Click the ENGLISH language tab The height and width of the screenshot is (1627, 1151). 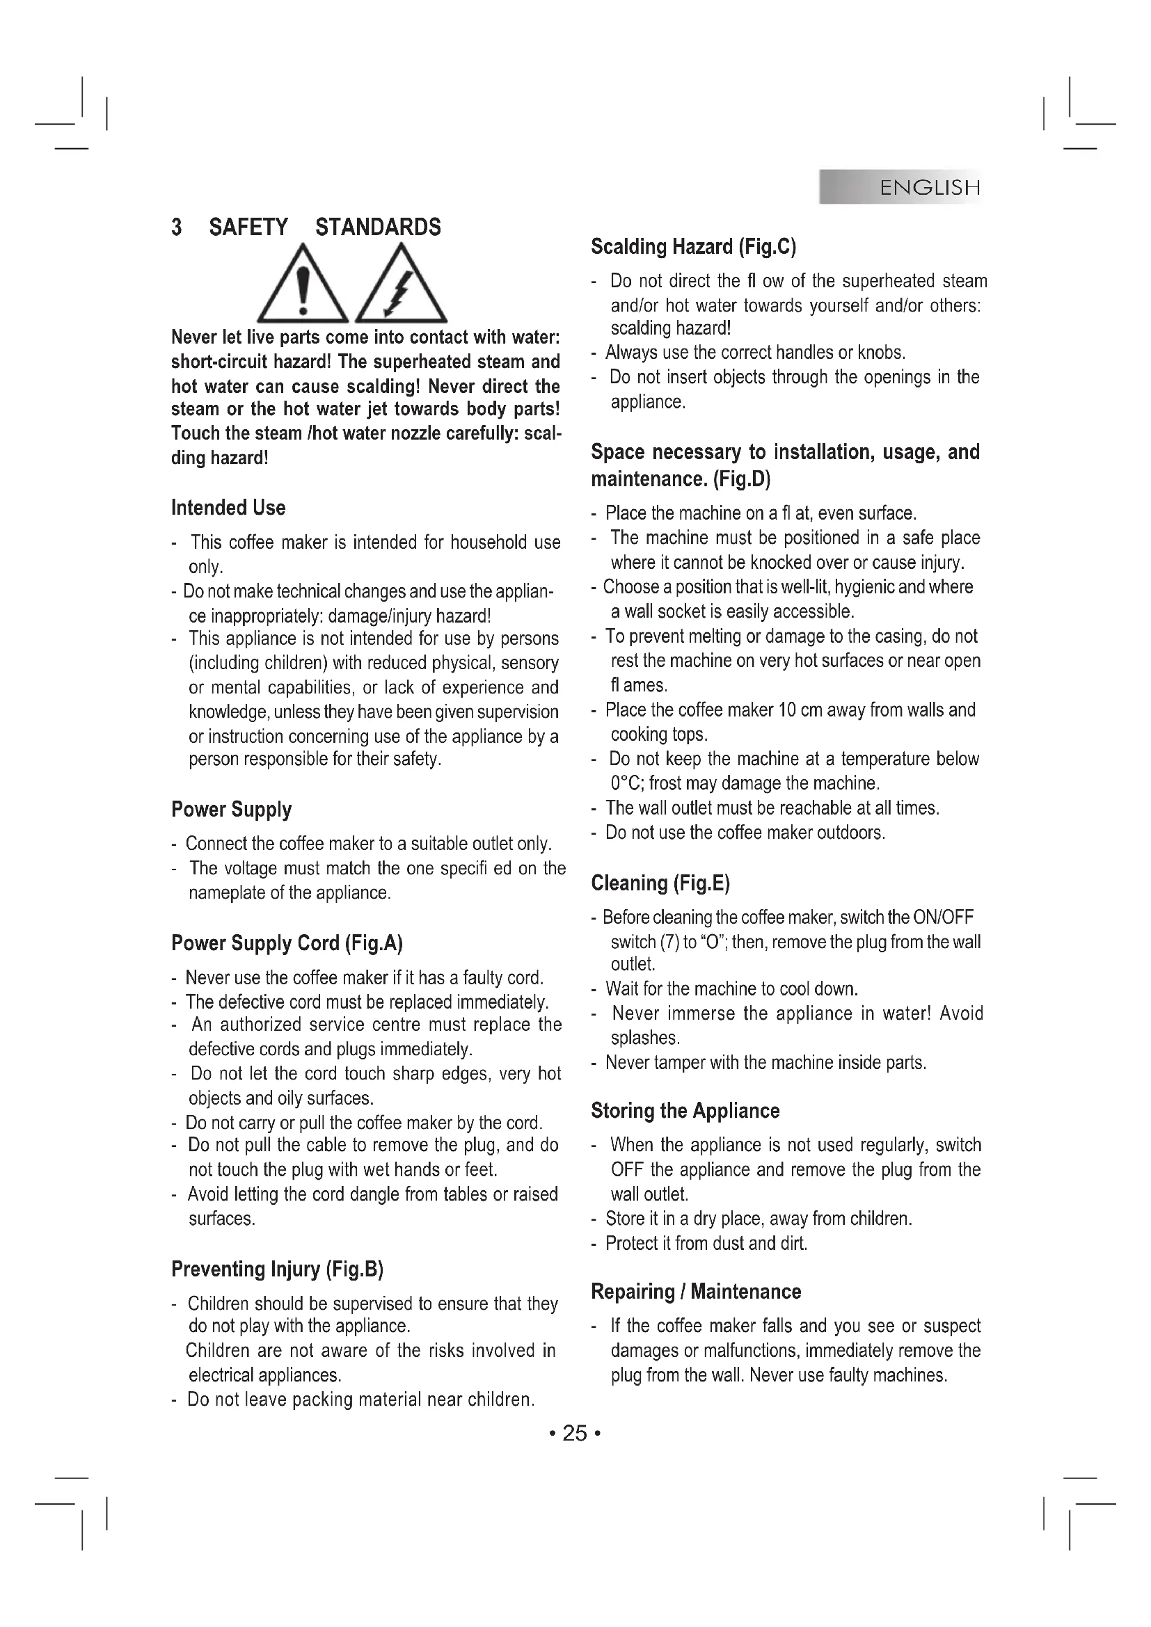click(929, 188)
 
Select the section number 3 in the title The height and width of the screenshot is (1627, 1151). click(177, 227)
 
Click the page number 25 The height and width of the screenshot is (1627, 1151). click(575, 1434)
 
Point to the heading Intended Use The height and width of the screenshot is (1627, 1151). click(228, 507)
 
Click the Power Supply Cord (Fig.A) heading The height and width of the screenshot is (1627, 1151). click(287, 943)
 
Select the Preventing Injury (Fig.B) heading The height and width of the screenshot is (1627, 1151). click(277, 1269)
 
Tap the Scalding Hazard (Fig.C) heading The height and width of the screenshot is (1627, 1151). click(693, 247)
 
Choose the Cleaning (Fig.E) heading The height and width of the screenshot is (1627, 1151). click(660, 883)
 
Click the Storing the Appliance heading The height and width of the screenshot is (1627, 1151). click(685, 1110)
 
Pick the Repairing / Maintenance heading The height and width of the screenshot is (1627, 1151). click(695, 1291)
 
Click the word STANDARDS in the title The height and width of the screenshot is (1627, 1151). click(378, 227)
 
